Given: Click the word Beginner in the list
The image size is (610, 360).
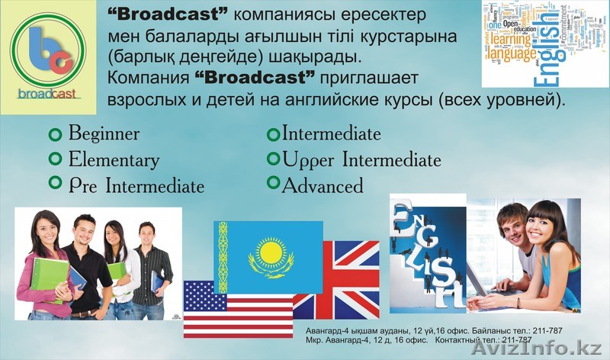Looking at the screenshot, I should point(104,133).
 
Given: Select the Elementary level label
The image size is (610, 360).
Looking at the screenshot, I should point(114,159).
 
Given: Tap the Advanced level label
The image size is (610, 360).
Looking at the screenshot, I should point(323,185).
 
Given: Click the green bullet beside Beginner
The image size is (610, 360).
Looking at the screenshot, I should point(55,134).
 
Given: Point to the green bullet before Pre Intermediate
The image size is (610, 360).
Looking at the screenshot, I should point(55,183).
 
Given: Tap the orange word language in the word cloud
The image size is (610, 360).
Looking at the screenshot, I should point(512,54).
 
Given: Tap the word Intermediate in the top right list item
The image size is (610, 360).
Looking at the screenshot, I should point(332,134).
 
